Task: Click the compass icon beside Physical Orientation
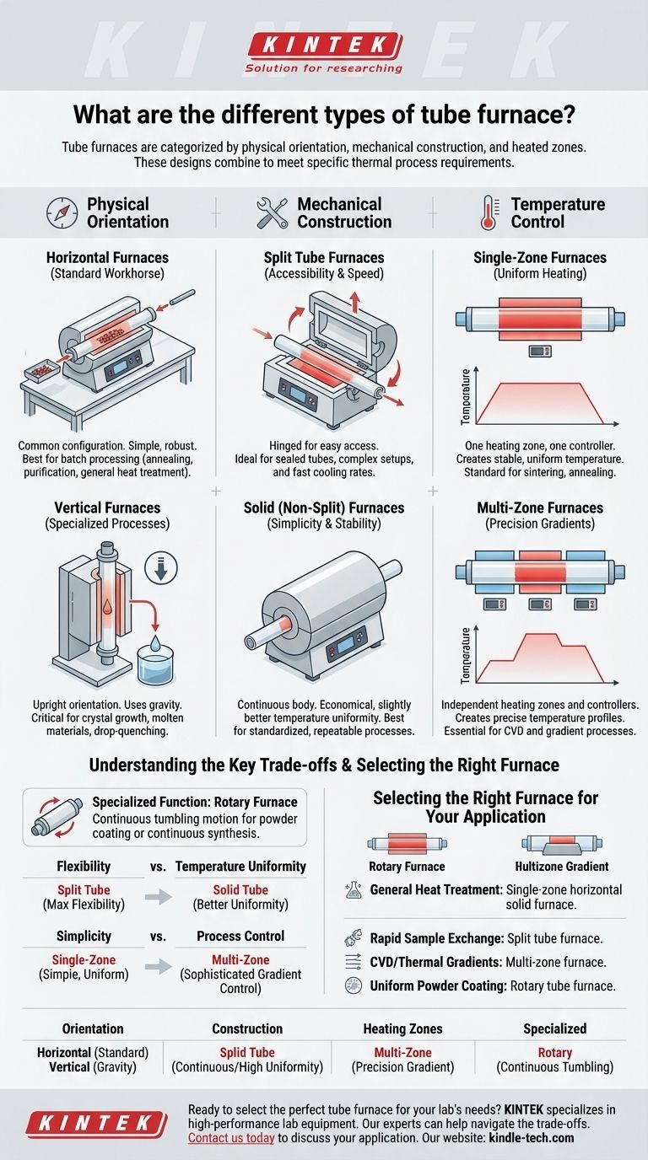[x=62, y=212]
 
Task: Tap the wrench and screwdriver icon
[x=273, y=212]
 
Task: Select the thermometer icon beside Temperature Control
[x=489, y=212]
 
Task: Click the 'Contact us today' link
[x=231, y=1138]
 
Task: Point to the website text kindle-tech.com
[x=532, y=1138]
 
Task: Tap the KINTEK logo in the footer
[x=96, y=1125]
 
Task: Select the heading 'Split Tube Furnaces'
[x=324, y=257]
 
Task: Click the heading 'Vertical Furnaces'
[x=107, y=508]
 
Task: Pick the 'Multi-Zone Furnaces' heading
[x=540, y=508]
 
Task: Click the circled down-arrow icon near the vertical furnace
[x=160, y=567]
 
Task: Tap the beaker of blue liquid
[x=155, y=662]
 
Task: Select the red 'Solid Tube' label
[x=240, y=889]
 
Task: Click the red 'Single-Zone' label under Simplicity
[x=84, y=959]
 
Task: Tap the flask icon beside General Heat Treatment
[x=354, y=889]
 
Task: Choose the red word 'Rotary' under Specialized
[x=554, y=1052]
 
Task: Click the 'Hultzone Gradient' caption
[x=562, y=867]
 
